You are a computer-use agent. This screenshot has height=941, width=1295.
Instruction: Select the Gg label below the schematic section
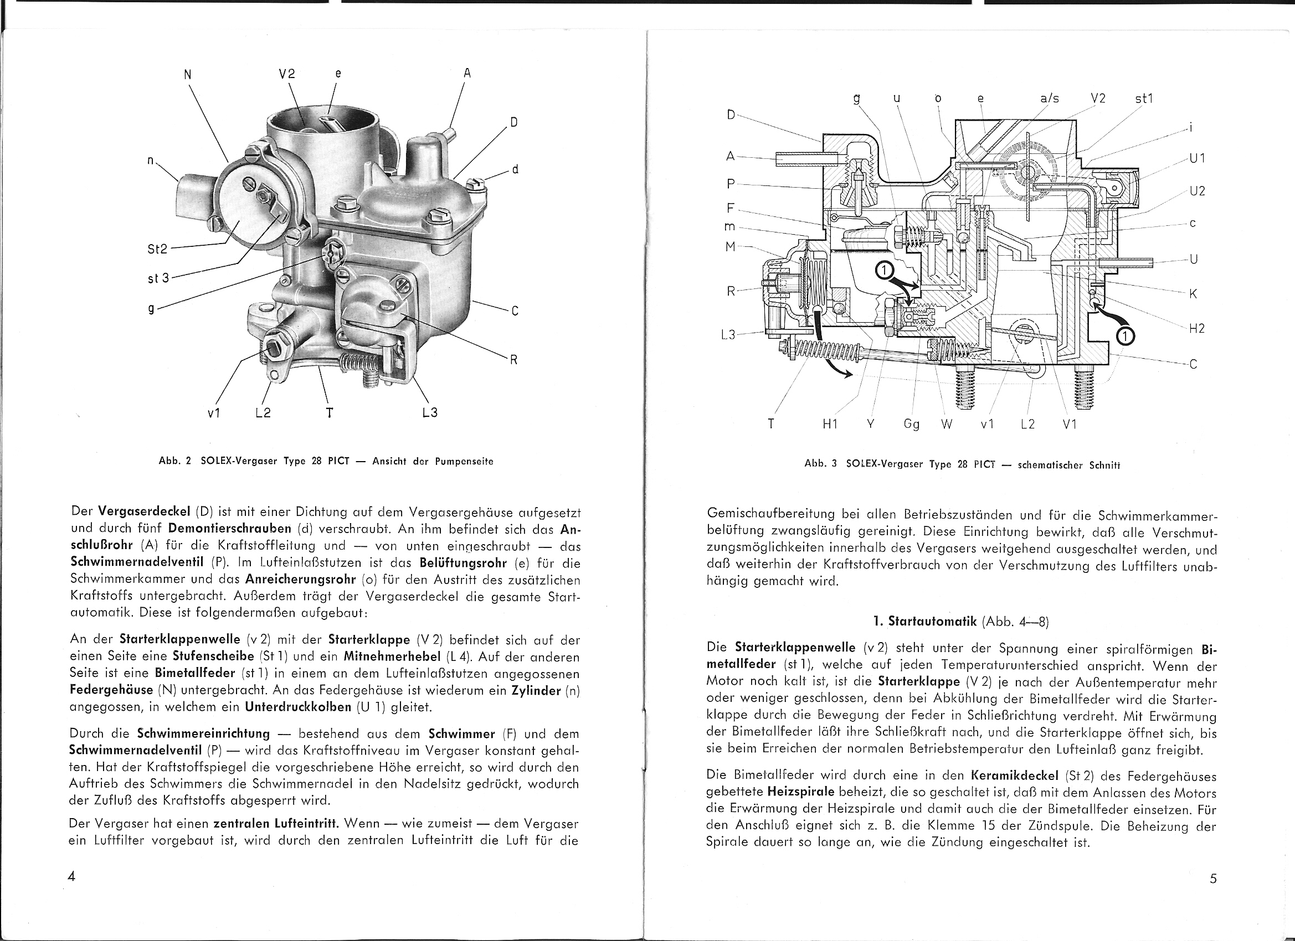click(x=911, y=425)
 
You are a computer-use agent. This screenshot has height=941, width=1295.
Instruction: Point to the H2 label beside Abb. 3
click(x=1196, y=329)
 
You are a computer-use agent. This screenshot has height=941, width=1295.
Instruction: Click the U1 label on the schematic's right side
click(x=1197, y=159)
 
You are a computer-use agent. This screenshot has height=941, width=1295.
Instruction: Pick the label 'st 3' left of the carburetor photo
click(x=158, y=278)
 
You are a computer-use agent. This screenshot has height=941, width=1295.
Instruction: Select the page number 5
click(x=1213, y=879)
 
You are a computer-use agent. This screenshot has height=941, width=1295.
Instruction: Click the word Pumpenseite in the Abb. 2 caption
click(x=464, y=462)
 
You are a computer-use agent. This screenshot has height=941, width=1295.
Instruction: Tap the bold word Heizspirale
click(x=801, y=792)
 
